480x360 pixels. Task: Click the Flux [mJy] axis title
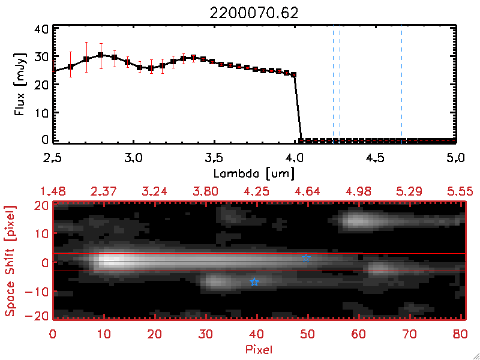(x=19, y=83)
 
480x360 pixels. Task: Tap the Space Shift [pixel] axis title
(x=10, y=261)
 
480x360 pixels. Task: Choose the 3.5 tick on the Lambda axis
(x=214, y=158)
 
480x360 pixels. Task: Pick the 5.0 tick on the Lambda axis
(x=456, y=158)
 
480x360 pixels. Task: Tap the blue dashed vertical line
(x=340, y=84)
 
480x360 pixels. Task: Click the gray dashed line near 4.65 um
(x=401, y=84)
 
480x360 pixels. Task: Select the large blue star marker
(x=254, y=282)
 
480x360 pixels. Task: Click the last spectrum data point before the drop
(x=294, y=74)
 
